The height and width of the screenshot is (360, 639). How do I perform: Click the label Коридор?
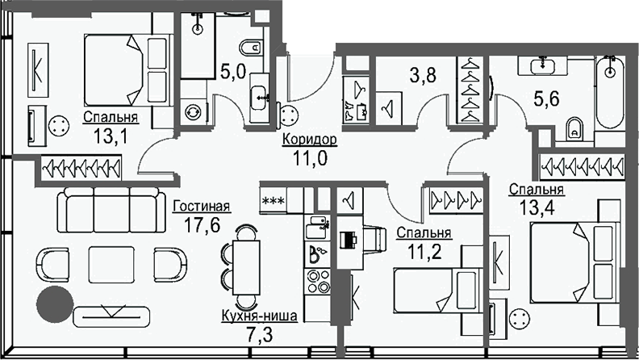click(310, 140)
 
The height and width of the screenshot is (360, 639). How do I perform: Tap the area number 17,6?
click(203, 224)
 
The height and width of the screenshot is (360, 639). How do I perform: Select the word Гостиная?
click(202, 207)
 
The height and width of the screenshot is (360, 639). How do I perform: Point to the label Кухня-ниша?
click(260, 316)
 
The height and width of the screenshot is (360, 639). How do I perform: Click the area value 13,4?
click(537, 208)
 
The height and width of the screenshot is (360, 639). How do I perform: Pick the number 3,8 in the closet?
click(423, 75)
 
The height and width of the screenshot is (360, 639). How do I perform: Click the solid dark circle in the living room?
click(55, 304)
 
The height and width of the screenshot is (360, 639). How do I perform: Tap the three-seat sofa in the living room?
click(111, 210)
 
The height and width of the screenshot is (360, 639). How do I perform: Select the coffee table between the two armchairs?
click(111, 265)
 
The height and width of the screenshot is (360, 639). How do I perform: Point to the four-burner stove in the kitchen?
click(318, 282)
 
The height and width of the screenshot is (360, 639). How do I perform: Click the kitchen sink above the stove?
click(317, 228)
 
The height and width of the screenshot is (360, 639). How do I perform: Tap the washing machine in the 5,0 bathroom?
click(194, 111)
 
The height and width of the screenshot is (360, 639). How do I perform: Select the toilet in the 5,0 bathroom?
click(251, 48)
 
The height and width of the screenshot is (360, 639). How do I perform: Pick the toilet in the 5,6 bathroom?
click(574, 128)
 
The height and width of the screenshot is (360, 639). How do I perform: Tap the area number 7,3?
click(260, 334)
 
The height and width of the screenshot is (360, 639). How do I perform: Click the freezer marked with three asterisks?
click(274, 201)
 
